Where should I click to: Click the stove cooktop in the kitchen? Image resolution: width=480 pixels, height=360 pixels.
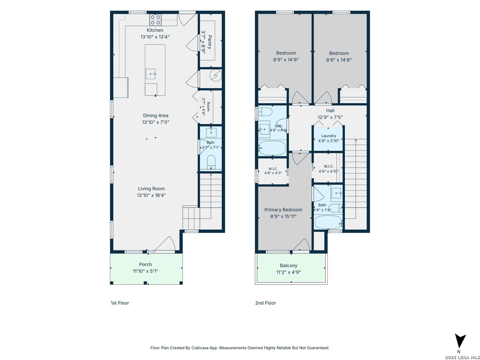coord(155,20)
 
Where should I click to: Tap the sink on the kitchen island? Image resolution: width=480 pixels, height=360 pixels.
coord(151,74)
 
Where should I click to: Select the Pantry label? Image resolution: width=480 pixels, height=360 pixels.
coord(209,42)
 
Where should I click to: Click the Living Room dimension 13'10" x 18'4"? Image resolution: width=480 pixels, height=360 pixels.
coord(151,195)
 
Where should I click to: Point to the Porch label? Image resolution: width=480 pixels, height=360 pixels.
coord(145,264)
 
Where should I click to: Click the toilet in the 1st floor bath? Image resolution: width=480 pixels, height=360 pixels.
coord(211,162)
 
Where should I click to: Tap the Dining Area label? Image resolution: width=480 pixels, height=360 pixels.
coord(156,115)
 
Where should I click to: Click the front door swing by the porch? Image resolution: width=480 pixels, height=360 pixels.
coord(165,243)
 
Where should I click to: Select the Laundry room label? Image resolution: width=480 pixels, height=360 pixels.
coord(329,136)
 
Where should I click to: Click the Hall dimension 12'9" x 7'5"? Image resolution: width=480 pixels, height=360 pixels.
coord(330,117)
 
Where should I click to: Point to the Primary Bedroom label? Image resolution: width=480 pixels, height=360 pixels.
coord(283,210)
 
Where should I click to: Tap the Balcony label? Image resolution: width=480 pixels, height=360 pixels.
coord(289,265)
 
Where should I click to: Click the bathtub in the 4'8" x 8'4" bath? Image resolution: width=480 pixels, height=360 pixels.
coord(272,148)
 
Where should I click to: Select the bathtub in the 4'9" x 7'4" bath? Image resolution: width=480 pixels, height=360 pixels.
coord(328,222)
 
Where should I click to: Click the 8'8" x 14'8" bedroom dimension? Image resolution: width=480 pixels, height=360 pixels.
coord(339,60)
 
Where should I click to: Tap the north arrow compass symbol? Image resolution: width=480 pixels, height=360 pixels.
coord(460,341)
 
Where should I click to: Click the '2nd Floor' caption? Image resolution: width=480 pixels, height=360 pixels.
coord(265,303)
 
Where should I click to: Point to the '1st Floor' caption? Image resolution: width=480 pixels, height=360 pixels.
coord(120,303)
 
